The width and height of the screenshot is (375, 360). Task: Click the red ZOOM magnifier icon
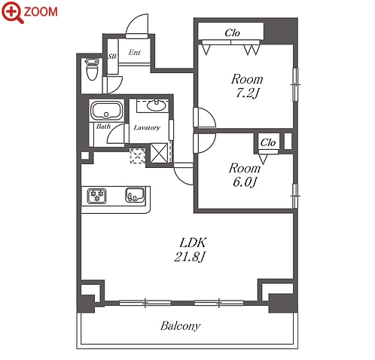tap(13, 12)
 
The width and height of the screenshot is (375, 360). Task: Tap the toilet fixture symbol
tap(92, 69)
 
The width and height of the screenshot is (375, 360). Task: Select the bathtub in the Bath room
tap(106, 111)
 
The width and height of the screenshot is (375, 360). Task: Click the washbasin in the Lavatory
tap(156, 105)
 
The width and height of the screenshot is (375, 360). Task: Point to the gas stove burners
tap(97, 196)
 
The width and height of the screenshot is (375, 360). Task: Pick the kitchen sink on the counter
tap(135, 194)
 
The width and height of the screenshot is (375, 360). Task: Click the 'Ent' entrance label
tap(134, 52)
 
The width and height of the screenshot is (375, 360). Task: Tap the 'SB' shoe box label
tap(112, 56)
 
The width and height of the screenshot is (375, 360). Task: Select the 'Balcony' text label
tap(180, 326)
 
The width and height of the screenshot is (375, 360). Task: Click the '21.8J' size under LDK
tap(190, 257)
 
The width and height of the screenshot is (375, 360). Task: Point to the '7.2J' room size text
tap(247, 93)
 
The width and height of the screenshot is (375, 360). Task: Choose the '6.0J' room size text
tap(245, 182)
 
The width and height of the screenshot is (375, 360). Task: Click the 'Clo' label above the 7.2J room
tap(232, 33)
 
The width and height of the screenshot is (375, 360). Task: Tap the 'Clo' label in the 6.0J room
tap(268, 142)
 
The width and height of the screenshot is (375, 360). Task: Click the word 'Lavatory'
tap(147, 128)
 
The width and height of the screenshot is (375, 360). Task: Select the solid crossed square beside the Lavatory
tap(159, 153)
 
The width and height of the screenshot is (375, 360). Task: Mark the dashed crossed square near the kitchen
tap(137, 156)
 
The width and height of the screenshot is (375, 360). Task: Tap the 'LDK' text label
tap(194, 243)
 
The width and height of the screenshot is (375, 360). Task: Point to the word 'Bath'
tap(103, 127)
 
